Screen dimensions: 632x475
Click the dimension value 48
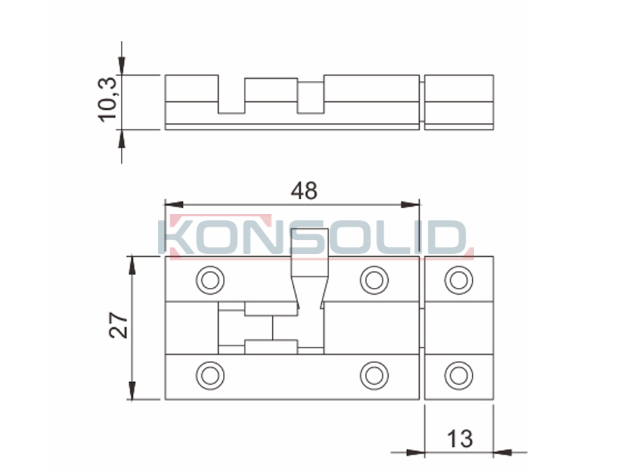[304, 191]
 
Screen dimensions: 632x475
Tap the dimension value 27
[119, 325]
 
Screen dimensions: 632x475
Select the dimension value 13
[460, 438]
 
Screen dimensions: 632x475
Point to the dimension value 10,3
[108, 100]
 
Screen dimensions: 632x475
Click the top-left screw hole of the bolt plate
[210, 279]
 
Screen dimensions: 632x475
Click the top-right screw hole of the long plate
[374, 279]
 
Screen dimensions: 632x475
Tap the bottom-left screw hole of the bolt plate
[210, 376]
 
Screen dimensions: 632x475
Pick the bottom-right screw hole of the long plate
[374, 376]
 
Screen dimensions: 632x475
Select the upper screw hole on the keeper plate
[458, 279]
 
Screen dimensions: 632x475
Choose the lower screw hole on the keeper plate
[458, 376]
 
